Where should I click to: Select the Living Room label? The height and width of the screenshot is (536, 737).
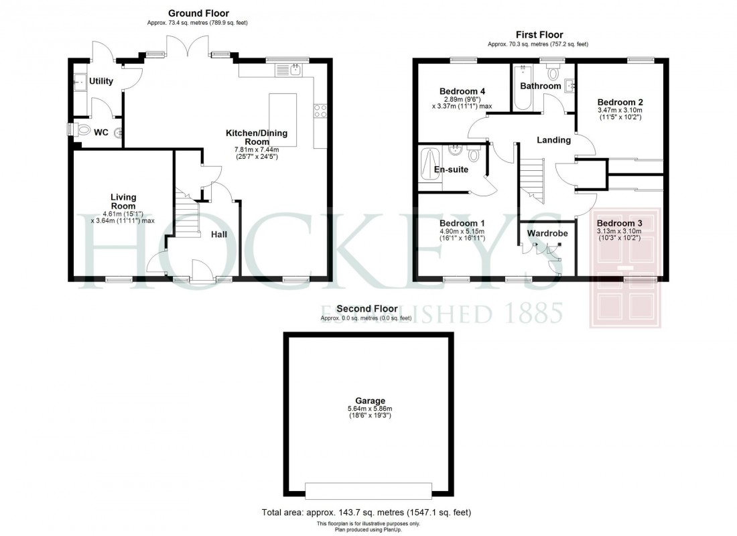click(x=123, y=201)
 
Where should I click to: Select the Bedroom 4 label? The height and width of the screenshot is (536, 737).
click(x=462, y=91)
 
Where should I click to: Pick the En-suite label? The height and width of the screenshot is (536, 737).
click(x=451, y=170)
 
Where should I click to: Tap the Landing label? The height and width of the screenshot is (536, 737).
click(x=554, y=140)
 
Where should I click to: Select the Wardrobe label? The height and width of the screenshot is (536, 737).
click(x=547, y=233)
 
